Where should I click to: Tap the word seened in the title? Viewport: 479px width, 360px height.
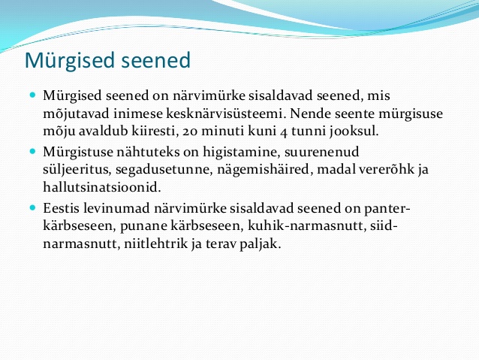pos(156,60)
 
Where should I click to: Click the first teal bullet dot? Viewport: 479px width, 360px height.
pos(33,95)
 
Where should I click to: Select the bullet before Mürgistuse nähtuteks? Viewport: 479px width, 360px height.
pos(33,151)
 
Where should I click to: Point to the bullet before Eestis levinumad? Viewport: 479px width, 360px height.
pos(33,208)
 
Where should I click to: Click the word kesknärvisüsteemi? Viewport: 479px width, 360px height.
pos(227,113)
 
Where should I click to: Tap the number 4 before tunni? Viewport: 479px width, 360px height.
pos(284,132)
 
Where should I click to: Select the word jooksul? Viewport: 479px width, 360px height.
pos(354,132)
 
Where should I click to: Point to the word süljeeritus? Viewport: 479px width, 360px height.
pos(77,170)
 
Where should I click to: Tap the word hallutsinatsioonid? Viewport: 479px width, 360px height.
pos(102,187)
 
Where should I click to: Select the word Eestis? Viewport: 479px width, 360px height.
pos(61,208)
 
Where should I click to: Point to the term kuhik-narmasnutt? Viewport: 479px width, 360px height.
pos(307,226)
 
